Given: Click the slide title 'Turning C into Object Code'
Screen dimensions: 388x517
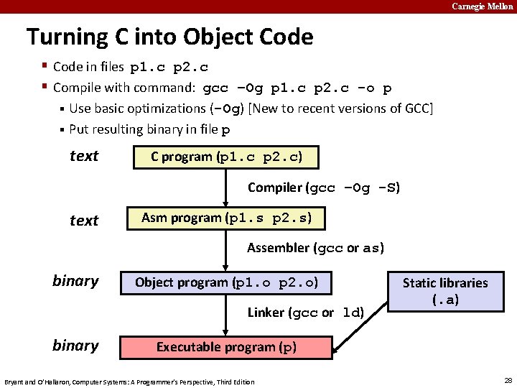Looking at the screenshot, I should [169, 37].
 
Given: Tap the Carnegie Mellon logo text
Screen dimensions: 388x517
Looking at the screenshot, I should [483, 6].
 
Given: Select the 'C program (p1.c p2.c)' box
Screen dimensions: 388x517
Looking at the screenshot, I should [226, 157].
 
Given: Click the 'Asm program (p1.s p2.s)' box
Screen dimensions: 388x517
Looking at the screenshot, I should [226, 218].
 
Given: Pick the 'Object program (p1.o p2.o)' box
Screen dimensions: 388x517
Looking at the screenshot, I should [226, 282].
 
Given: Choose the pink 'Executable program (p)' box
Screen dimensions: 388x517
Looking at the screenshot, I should [226, 347].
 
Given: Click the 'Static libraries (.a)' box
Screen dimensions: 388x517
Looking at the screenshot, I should [444, 291].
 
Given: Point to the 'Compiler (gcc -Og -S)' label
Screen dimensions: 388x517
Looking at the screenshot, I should [324, 188].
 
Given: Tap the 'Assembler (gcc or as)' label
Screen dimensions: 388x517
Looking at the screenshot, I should [315, 248].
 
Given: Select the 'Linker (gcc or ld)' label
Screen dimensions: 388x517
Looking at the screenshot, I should [306, 313].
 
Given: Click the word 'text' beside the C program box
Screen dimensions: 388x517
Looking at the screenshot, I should [84, 156].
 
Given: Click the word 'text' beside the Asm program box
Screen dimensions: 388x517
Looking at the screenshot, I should [84, 221].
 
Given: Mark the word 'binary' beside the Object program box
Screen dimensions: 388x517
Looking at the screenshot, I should [75, 280].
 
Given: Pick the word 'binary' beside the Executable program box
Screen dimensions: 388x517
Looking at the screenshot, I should [75, 345].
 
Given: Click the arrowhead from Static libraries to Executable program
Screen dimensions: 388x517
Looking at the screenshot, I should [338, 344].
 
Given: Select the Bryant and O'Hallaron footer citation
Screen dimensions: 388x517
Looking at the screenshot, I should [129, 381].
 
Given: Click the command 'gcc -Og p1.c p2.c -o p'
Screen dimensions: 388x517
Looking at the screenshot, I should [297, 88].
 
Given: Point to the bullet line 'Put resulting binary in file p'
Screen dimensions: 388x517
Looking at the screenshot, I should [150, 130].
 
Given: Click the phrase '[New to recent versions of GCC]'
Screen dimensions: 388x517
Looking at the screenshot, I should [340, 108].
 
